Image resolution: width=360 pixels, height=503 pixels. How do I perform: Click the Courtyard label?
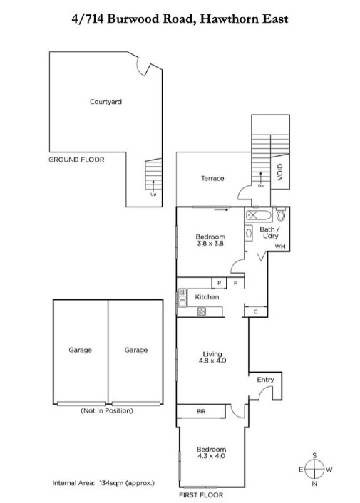pyautogui.click(x=106, y=102)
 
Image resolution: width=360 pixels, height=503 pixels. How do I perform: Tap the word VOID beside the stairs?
pyautogui.click(x=279, y=172)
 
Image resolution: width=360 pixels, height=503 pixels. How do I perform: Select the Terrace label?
pyautogui.click(x=212, y=178)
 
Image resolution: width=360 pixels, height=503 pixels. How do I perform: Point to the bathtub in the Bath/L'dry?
pyautogui.click(x=259, y=215)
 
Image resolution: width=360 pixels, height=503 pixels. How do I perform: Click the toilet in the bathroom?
pyautogui.click(x=281, y=214)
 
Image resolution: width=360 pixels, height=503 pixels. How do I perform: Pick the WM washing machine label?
pyautogui.click(x=280, y=247)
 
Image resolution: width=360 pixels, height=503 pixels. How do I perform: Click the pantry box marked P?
pyautogui.click(x=219, y=283)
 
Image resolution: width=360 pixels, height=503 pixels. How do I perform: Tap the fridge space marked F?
pyautogui.click(x=235, y=283)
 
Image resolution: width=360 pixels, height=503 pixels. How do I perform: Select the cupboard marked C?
pyautogui.click(x=256, y=311)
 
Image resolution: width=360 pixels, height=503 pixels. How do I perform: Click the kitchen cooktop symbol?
pyautogui.click(x=202, y=311)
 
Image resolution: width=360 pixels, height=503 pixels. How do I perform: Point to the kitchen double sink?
pyautogui.click(x=182, y=298)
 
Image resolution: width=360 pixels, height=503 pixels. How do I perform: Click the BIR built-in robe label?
pyautogui.click(x=201, y=411)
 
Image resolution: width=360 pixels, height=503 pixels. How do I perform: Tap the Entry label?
pyautogui.click(x=265, y=380)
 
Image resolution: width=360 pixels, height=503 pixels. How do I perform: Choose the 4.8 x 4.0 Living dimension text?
pyautogui.click(x=212, y=361)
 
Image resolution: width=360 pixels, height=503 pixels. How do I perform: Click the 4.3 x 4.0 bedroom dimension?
pyautogui.click(x=211, y=456)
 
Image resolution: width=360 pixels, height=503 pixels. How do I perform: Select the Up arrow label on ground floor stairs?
pyautogui.click(x=153, y=194)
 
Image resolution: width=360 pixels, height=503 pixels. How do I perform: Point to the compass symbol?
pyautogui.click(x=314, y=470)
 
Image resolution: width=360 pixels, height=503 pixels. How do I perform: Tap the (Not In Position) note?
pyautogui.click(x=107, y=410)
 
